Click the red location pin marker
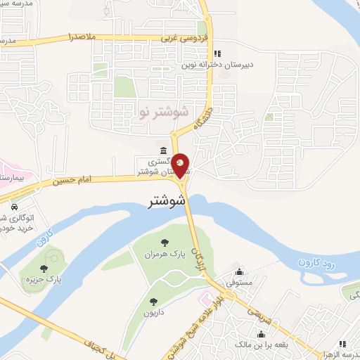tap(181, 166)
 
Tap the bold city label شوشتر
tap(168, 201)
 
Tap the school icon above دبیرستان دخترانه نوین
tap(217, 53)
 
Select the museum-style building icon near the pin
tap(163, 150)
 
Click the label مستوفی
tap(239, 282)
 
